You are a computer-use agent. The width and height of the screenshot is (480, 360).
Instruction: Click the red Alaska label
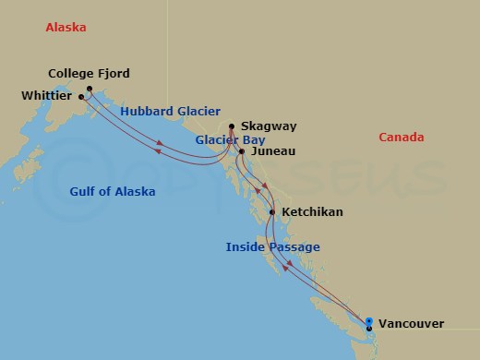tap(66, 28)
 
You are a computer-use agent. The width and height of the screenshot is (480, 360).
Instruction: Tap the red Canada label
tap(402, 138)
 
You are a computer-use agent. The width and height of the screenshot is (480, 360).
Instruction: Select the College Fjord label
tap(89, 74)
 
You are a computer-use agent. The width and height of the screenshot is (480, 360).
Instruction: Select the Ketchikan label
tap(312, 212)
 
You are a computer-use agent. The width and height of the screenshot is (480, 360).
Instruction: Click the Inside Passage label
tap(273, 247)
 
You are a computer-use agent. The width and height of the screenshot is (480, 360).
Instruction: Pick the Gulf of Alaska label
tap(113, 192)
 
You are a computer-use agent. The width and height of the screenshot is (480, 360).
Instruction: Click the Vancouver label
tap(410, 324)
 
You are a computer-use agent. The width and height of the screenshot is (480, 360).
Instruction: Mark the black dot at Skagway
tap(231, 126)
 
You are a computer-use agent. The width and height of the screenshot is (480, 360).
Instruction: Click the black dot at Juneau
tap(241, 150)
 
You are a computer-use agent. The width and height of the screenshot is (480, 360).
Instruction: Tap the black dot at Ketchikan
tap(271, 212)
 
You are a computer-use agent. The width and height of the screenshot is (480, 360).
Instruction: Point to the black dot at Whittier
tap(81, 96)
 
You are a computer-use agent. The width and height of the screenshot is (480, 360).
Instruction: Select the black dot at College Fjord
tap(90, 89)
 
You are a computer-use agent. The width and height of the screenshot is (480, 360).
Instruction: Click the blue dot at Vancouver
tap(368, 321)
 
